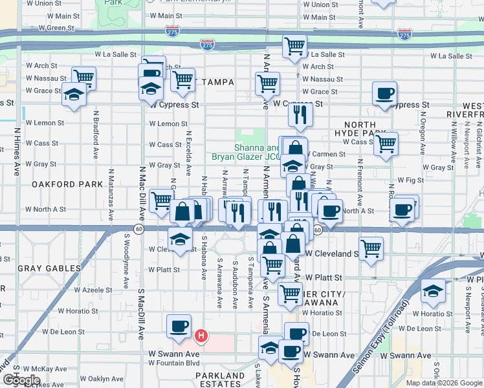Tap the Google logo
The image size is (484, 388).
[x=21, y=380]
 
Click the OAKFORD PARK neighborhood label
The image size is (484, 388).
[x=67, y=184]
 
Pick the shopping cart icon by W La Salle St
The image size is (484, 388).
[x=294, y=47]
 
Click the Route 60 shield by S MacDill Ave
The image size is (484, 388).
[x=139, y=228]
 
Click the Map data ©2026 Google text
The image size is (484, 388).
[x=444, y=383]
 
